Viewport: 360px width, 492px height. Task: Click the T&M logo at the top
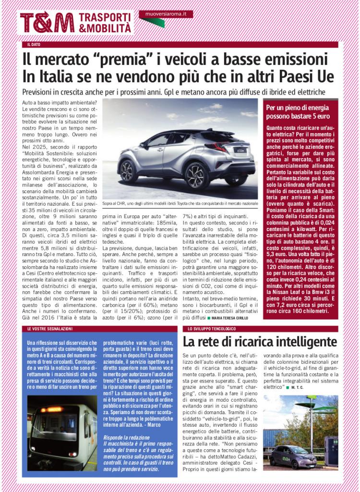(47, 23)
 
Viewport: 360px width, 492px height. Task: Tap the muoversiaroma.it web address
(166, 14)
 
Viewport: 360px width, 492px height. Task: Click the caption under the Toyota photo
(180, 204)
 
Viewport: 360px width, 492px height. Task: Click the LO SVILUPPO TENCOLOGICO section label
(212, 328)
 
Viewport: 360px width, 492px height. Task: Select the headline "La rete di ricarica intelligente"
(260, 342)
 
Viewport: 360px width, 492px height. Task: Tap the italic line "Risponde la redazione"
(126, 437)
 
